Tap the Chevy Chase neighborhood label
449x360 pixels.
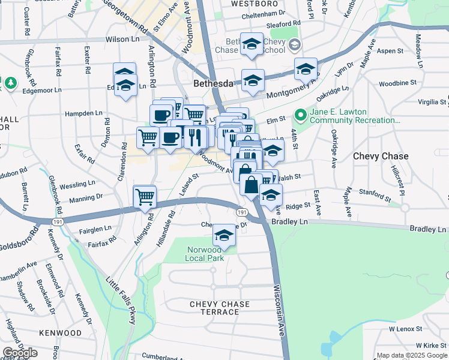[381, 156]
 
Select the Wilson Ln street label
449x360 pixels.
[122, 39]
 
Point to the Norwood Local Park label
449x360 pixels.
[204, 254]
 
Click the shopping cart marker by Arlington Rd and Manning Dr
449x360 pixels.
[145, 197]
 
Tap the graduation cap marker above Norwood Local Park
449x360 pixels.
[224, 235]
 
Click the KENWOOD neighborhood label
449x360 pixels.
[60, 332]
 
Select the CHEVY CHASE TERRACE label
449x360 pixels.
[220, 308]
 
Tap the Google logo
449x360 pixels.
[20, 353]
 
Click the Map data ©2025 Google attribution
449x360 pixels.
[412, 356]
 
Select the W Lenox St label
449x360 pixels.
[405, 329]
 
